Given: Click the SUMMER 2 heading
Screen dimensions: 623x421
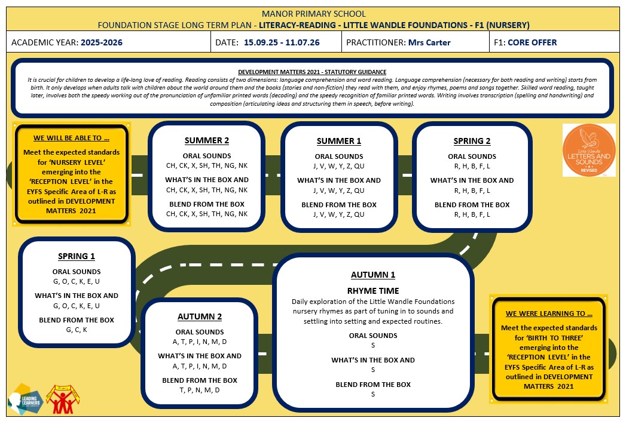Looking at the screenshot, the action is (x=207, y=140).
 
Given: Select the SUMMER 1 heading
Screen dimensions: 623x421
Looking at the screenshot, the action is (x=339, y=141).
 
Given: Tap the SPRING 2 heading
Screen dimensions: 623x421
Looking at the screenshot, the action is (x=472, y=141).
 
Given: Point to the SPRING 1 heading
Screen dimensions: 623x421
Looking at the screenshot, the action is (x=77, y=256).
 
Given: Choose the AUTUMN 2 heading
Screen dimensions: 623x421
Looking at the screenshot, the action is (x=200, y=316).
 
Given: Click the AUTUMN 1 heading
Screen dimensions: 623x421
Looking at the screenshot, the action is (x=373, y=275).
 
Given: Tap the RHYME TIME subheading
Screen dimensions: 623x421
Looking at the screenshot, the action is (x=373, y=291).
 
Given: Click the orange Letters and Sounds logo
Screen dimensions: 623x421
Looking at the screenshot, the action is (x=589, y=150).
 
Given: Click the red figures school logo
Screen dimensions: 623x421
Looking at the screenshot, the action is (x=63, y=400).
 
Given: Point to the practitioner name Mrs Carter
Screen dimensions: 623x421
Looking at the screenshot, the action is (x=429, y=42).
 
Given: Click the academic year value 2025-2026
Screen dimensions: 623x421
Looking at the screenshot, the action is (x=102, y=42).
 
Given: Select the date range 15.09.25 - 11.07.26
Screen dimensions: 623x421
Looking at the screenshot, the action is (x=282, y=42).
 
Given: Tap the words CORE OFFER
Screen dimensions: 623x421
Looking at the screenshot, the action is (x=532, y=42).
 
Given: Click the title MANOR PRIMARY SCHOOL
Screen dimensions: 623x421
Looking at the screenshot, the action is (x=313, y=14).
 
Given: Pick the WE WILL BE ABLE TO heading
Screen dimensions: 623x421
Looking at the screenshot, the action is (x=71, y=138).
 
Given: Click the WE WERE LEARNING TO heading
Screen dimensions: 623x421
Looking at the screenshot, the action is (x=549, y=314).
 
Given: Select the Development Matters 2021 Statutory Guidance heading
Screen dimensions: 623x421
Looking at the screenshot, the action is (x=312, y=72).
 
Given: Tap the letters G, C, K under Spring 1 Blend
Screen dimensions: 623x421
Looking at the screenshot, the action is (x=77, y=330).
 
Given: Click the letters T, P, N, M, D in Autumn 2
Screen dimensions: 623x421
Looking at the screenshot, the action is (x=200, y=390).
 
